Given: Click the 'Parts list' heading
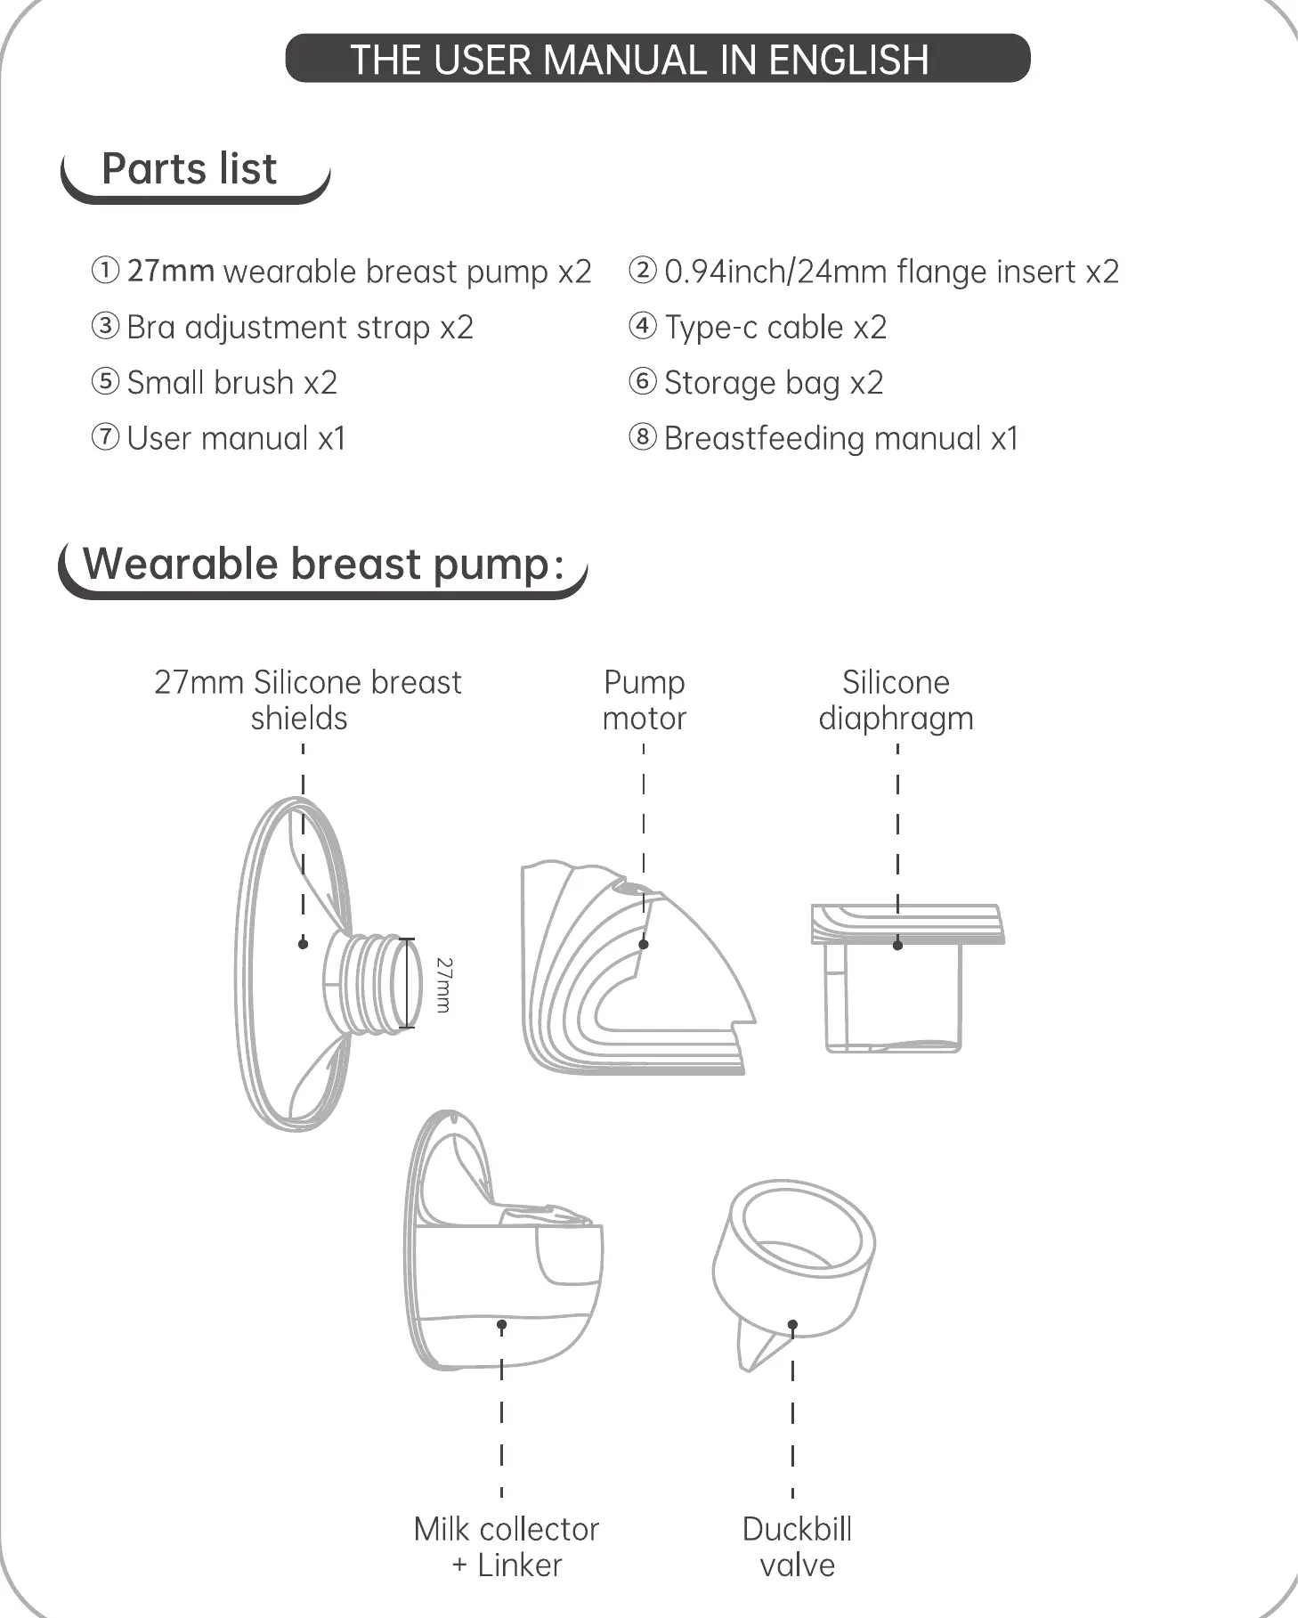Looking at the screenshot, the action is point(189,169).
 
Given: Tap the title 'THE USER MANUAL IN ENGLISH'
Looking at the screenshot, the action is point(639,60).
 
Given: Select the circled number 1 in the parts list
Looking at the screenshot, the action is point(105,270).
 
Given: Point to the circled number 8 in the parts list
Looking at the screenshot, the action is point(642,437).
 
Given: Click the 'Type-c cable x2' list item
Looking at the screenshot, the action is point(775,327).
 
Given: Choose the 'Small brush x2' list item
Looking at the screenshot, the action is point(231,383).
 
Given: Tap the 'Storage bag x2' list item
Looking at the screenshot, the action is point(773,383).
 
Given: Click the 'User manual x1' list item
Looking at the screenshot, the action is point(236,438).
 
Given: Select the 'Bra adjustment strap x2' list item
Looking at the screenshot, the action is point(299,327).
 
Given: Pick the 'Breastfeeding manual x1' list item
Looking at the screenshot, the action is point(840,438).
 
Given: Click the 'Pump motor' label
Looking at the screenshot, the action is point(644,700).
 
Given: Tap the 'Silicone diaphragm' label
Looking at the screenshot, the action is point(896,700).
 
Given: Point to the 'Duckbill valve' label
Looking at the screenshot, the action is point(797,1547).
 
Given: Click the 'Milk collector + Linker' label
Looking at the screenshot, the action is point(506,1547).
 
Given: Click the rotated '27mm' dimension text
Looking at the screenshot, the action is point(443,985).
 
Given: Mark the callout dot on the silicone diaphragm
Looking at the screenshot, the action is point(897,945).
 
